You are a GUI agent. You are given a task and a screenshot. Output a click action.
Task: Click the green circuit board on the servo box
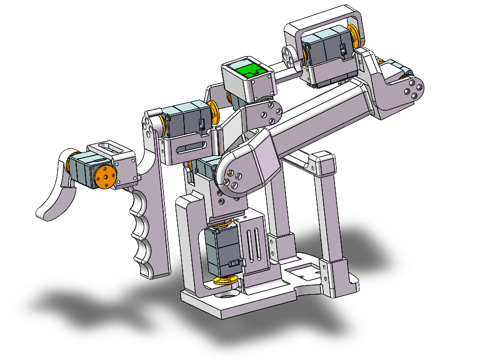pos(249,70)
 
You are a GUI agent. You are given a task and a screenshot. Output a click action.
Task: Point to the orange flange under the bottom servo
pos(226,279)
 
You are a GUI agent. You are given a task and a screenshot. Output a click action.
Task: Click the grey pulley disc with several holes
pos(289,55)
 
